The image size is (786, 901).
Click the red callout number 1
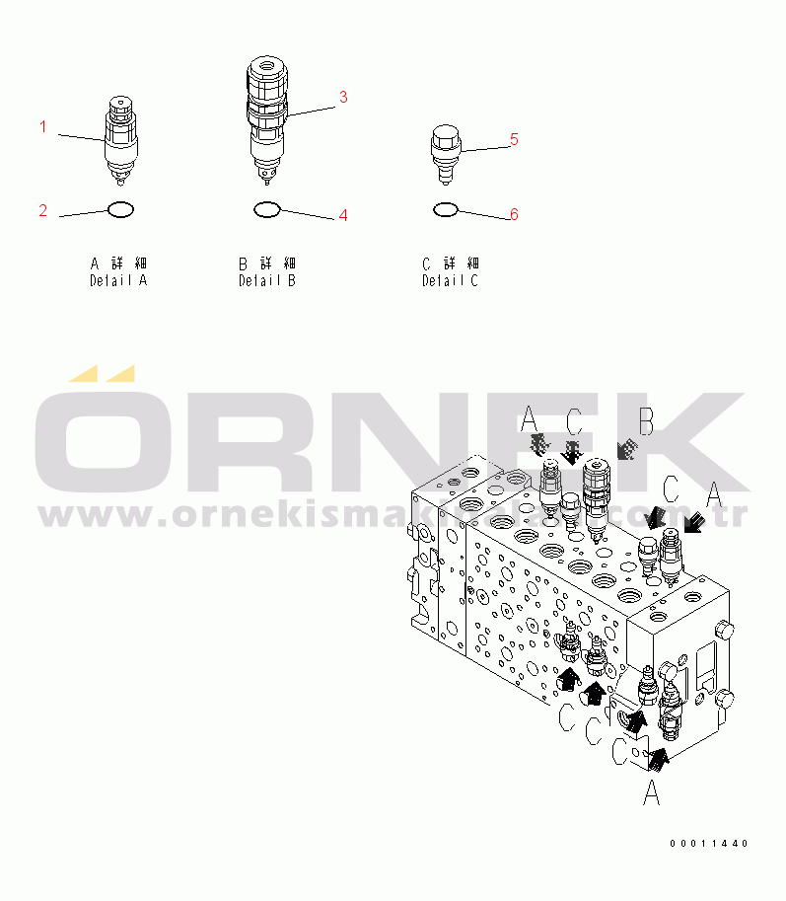(x=43, y=126)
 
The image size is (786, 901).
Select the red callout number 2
(x=43, y=210)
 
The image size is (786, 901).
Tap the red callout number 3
(x=343, y=97)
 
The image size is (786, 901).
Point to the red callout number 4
(x=343, y=215)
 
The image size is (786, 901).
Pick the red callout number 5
(x=514, y=140)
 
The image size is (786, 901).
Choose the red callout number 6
(x=514, y=214)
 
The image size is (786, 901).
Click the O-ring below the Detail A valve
(x=119, y=209)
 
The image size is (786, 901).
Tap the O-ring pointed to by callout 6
(x=445, y=209)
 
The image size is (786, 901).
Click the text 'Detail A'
(x=118, y=280)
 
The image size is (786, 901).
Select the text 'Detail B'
(x=267, y=280)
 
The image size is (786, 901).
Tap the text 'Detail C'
(x=451, y=280)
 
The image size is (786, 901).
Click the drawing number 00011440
(x=709, y=844)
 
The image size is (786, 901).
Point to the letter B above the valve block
(x=646, y=422)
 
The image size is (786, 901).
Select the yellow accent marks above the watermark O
(x=102, y=374)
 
